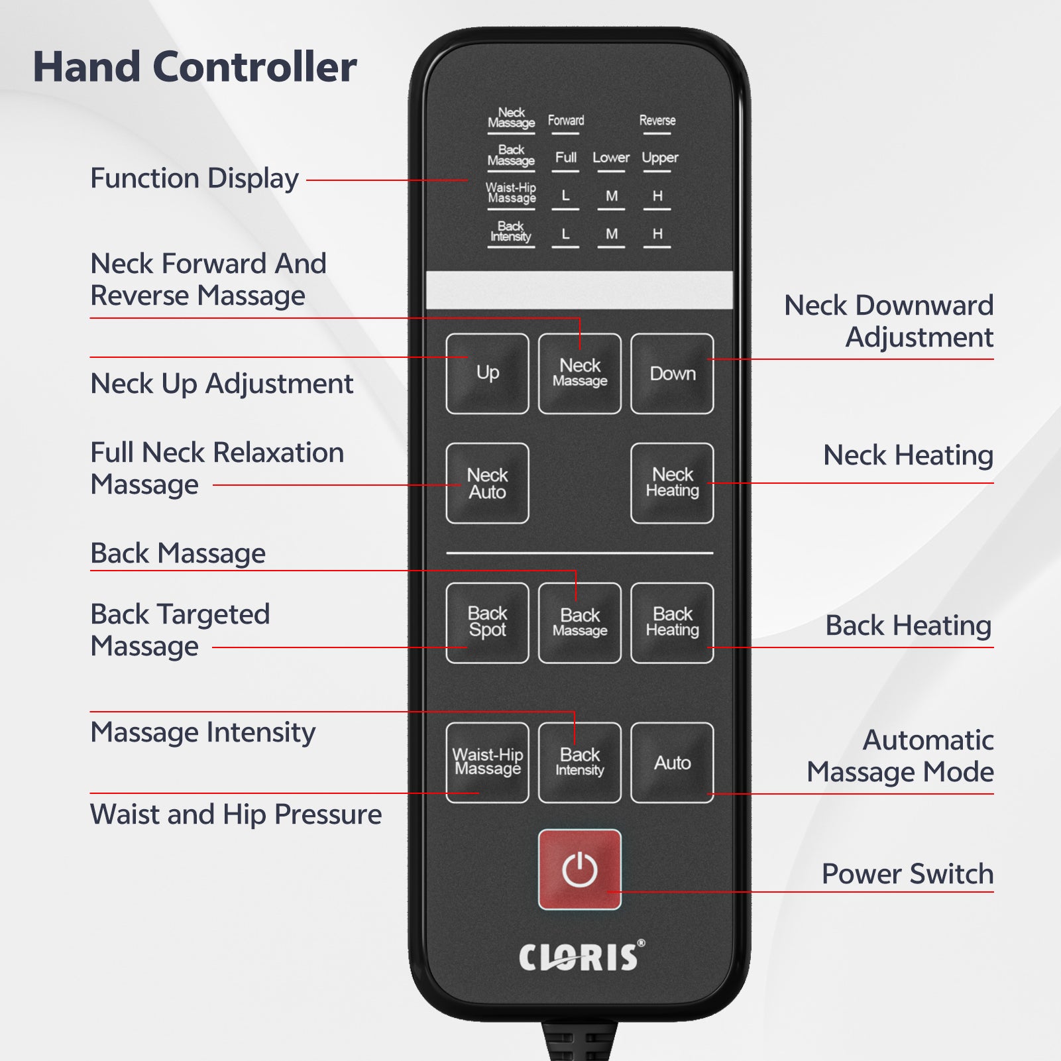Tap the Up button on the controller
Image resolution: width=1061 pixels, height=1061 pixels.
488,374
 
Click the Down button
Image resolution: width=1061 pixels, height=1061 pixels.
672,374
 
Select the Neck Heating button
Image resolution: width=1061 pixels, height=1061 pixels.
672,483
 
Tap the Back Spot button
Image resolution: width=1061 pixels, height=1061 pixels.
488,623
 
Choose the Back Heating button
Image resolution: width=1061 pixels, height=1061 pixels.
672,623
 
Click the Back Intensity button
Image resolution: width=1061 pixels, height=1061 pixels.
580,763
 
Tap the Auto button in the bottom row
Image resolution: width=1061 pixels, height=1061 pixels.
672,763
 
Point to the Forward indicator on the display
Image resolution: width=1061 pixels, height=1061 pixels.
566,121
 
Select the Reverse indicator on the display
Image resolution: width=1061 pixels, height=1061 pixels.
657,121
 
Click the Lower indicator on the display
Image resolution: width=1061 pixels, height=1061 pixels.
611,158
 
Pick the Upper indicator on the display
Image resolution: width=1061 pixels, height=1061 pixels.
660,158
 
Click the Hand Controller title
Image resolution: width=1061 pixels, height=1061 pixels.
195,67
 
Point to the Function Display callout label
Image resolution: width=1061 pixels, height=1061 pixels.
194,179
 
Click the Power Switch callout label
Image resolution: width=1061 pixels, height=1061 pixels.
907,873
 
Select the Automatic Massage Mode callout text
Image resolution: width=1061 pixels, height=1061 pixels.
900,756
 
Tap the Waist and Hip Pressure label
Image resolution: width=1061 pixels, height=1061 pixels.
236,814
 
